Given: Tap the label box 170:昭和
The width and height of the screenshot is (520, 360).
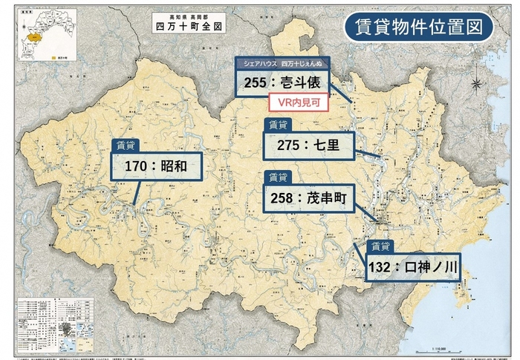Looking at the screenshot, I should (x=157, y=167).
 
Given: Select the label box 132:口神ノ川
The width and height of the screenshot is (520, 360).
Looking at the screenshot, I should (x=413, y=268).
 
